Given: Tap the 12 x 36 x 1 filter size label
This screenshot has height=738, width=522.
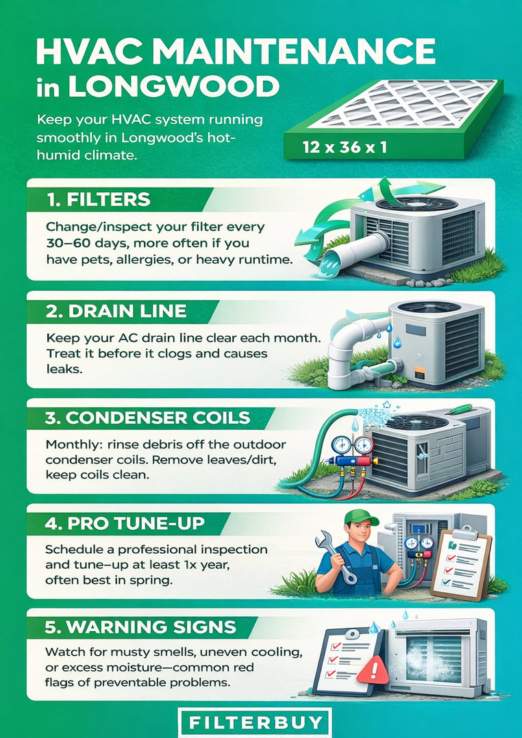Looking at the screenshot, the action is pos(345,147).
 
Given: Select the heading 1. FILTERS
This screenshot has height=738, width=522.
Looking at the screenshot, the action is pos(99,200).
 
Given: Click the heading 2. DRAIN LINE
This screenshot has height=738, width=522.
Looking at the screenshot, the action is pos(116,311).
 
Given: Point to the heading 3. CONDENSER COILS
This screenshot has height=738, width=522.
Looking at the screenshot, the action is pos(147,418).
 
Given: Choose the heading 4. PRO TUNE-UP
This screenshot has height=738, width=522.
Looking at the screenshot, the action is pos(125,523).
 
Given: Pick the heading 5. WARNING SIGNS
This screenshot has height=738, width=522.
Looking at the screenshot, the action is pos(140,627).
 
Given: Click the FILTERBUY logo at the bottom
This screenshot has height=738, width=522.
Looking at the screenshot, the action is pos(256,722).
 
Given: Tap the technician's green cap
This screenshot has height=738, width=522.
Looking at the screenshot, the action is pos(361,518).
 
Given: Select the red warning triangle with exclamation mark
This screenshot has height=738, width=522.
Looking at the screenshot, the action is pos(373,669).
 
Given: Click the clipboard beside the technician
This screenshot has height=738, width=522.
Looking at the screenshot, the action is pos(461,563).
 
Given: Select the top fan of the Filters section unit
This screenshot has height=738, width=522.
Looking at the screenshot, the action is pos(417,204).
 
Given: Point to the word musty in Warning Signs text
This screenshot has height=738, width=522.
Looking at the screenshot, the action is pos(125,653).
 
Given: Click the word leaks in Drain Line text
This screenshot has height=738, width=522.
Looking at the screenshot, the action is pos(64,369).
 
